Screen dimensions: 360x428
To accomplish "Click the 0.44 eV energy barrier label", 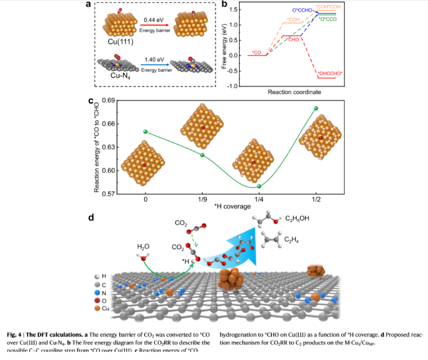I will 153,20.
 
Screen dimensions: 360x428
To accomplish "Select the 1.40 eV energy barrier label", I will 152,58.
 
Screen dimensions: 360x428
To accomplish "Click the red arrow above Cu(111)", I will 153,25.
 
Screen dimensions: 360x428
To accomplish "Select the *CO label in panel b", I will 256,52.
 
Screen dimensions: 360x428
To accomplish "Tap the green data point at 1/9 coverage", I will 202,155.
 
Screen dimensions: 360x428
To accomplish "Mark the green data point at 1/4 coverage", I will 259,186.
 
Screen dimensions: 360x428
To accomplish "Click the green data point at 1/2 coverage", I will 316,109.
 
